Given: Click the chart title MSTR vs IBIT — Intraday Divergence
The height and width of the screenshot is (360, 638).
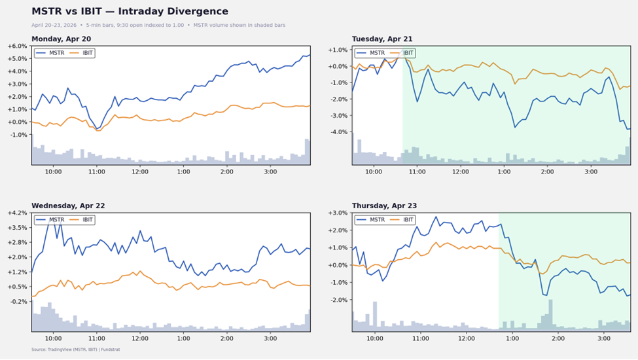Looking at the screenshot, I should click(x=130, y=12).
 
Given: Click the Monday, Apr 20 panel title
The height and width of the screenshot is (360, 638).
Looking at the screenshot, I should click(x=61, y=39).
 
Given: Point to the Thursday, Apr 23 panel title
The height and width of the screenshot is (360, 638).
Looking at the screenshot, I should click(x=384, y=206).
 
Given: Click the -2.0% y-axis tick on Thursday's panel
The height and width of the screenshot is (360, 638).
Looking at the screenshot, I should click(x=337, y=300).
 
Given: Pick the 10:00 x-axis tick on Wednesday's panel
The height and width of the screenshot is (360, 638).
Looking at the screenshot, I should click(x=53, y=338).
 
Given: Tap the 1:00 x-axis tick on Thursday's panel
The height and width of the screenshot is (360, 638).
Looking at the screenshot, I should click(x=512, y=338).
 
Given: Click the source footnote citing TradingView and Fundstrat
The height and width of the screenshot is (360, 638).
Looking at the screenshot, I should click(x=71, y=350).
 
